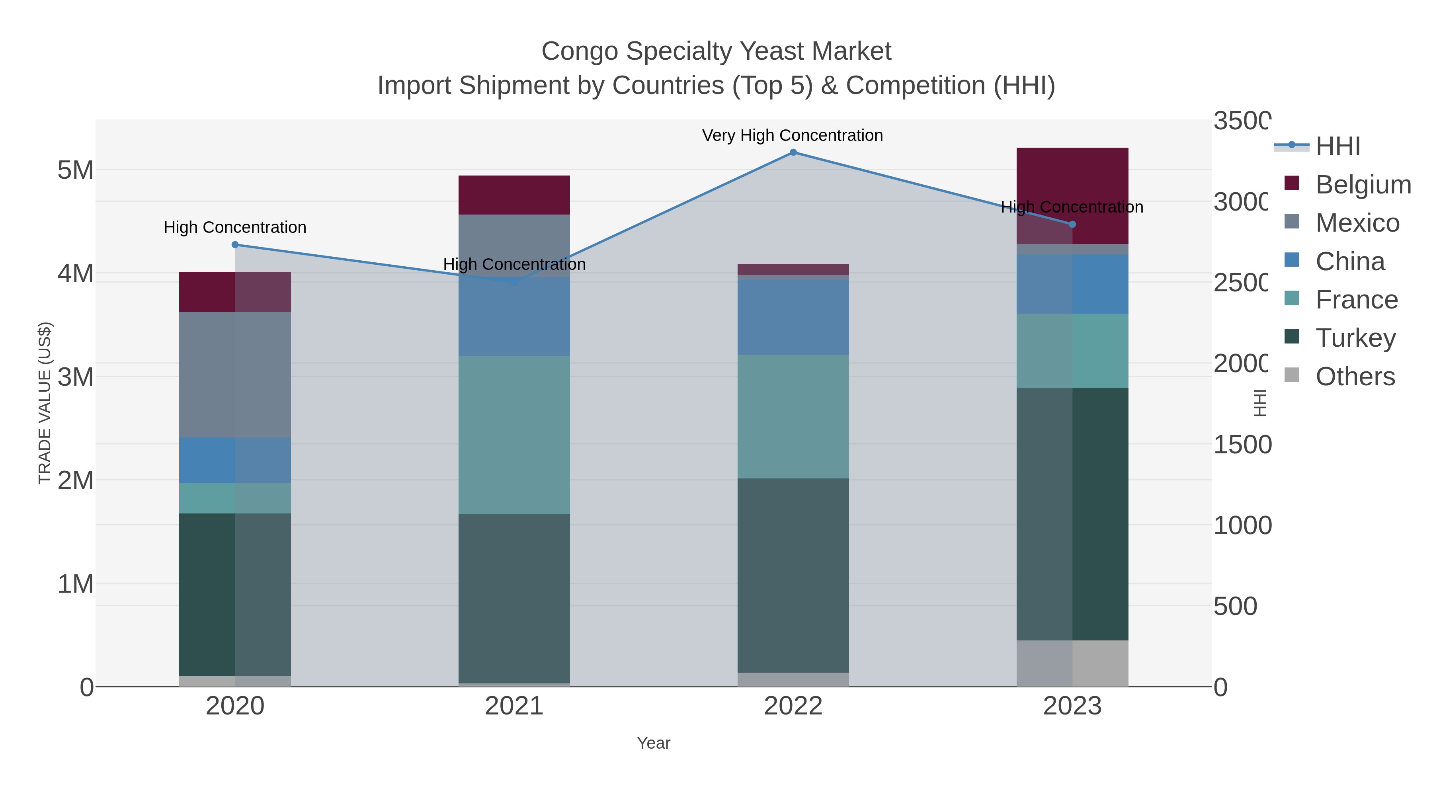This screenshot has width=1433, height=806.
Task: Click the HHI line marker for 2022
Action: [793, 152]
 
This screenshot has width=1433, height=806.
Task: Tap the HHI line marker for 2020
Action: [235, 245]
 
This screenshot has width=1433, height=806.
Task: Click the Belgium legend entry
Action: [1363, 184]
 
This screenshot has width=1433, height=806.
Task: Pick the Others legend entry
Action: [1355, 376]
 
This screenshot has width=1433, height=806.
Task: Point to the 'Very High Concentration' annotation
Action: [792, 135]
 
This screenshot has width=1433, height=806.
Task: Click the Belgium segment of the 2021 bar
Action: [514, 195]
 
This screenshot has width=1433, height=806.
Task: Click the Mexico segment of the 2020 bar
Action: [235, 375]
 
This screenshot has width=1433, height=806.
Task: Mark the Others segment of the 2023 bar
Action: [1072, 663]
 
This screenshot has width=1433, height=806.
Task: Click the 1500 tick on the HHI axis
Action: [1242, 445]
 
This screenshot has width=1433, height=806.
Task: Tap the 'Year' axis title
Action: [654, 743]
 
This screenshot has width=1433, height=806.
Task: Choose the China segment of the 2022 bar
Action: [793, 317]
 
